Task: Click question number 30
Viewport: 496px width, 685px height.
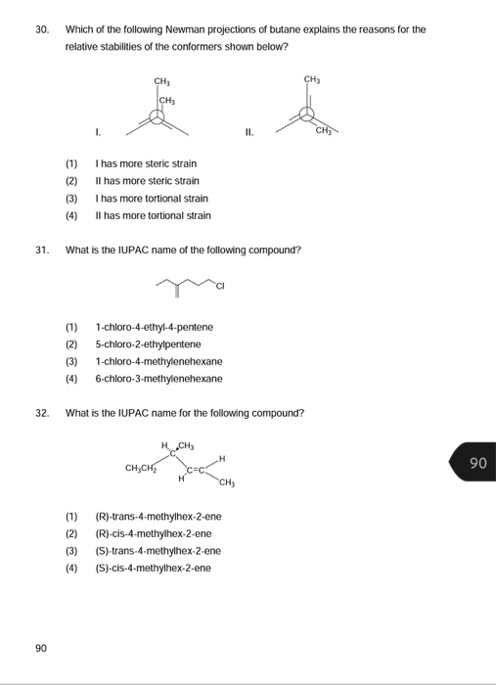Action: [42, 30]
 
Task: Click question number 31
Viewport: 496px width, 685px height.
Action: [42, 250]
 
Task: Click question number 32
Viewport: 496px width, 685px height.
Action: [42, 413]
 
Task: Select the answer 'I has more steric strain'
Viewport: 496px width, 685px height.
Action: [146, 164]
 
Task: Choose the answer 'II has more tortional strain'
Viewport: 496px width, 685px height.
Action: [153, 215]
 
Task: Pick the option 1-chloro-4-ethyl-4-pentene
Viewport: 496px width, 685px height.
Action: [154, 327]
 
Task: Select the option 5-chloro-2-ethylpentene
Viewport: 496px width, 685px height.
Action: [148, 343]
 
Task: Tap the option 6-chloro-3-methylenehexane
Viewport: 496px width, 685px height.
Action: [158, 378]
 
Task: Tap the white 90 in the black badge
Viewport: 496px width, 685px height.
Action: [477, 462]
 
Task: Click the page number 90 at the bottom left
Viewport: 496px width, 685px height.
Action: [41, 648]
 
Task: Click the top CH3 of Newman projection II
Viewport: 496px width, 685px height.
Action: [312, 79]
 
